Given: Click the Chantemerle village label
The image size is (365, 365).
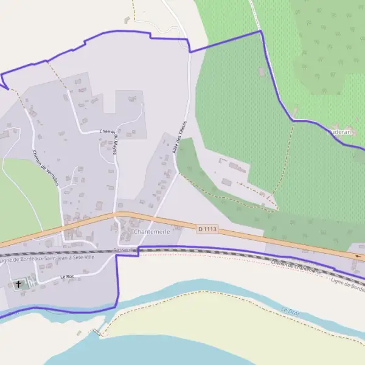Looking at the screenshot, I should click(150, 232).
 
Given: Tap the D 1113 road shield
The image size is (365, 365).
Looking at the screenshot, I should click(207, 229).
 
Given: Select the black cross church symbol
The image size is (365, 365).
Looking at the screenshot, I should click(18, 283).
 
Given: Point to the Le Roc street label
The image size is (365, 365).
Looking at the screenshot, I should click(67, 277).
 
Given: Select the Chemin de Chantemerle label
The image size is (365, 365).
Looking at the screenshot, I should click(296, 267).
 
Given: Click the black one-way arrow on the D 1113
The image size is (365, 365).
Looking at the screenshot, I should click(358, 256).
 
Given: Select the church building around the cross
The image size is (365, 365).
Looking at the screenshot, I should click(21, 284).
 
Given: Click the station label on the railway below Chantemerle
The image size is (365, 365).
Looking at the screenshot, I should click(125, 250).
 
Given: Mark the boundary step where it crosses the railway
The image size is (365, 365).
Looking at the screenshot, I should click(139, 251).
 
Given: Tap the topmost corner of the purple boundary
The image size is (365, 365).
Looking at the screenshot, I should click(260, 30).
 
